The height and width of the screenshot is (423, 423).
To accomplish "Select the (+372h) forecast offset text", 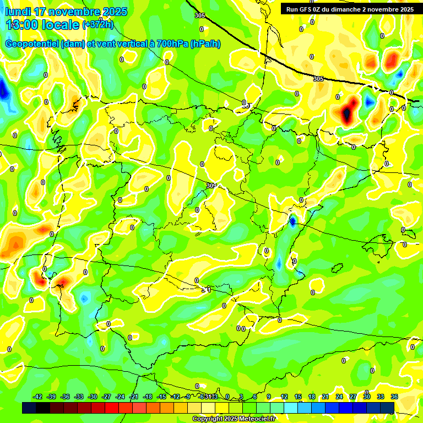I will (97, 25).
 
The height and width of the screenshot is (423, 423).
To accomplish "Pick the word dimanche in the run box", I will (352, 9).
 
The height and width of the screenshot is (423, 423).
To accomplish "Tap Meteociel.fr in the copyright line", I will (254, 419).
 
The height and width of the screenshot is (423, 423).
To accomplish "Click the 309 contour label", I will (211, 186).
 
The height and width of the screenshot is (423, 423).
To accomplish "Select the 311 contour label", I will (207, 289).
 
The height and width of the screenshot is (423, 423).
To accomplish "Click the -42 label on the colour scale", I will (37, 397).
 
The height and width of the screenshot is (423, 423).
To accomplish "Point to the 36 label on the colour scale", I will (394, 397).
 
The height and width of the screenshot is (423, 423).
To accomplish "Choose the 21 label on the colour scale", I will (326, 397).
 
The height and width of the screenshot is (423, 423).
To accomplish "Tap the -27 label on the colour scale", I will (106, 397).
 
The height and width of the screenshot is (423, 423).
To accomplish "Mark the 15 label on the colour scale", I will (298, 397).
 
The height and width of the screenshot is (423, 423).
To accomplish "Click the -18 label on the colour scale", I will (148, 397).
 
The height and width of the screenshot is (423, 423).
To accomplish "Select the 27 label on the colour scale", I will (353, 397).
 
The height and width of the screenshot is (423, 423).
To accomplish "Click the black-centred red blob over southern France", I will (346, 113).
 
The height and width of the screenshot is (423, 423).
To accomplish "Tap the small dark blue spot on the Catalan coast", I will (292, 221).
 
